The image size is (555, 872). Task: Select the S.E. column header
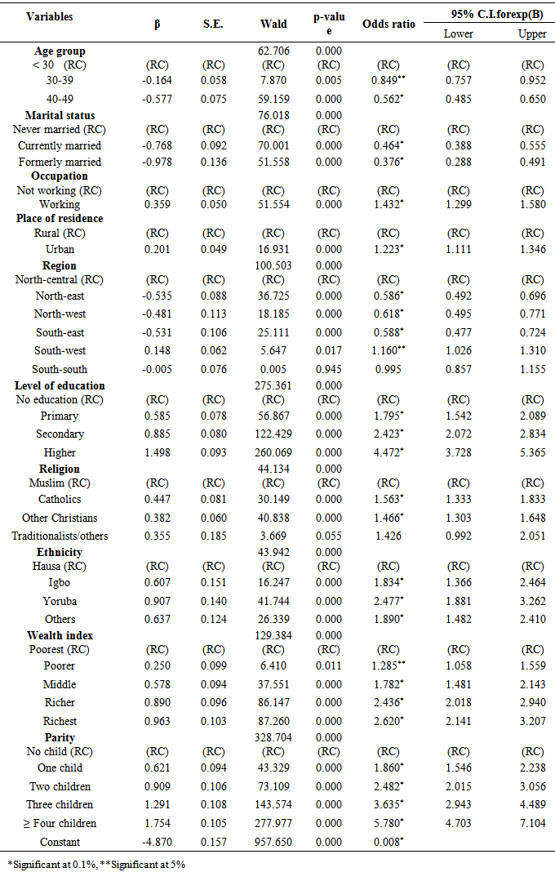click(214, 24)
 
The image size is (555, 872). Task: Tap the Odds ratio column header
click(388, 24)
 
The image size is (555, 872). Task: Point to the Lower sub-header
click(458, 33)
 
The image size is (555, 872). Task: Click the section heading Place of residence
click(60, 218)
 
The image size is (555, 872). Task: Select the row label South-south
click(60, 369)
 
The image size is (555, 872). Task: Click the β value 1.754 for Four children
click(158, 823)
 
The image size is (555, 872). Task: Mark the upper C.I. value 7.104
click(532, 823)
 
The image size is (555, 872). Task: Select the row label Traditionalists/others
click(60, 536)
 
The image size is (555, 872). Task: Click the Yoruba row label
click(60, 601)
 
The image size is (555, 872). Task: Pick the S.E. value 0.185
click(214, 536)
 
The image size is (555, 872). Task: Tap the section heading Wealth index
click(60, 635)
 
